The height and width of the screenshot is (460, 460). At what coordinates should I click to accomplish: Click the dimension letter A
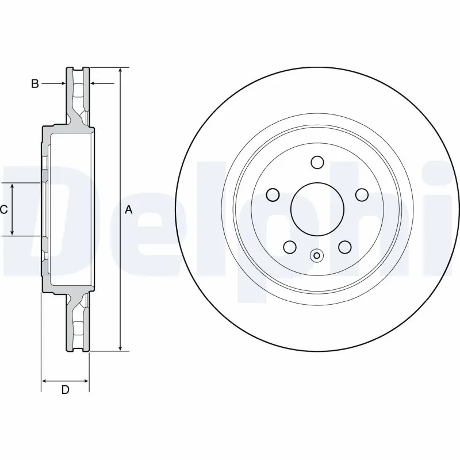(129, 210)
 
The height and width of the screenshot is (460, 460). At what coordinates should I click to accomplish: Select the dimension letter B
(34, 84)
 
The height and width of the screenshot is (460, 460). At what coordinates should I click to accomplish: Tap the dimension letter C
(3, 210)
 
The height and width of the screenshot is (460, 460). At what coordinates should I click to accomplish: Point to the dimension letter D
(65, 390)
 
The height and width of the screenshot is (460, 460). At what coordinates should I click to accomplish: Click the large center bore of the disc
(316, 210)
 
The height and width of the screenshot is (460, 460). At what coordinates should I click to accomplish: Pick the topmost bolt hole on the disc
(316, 163)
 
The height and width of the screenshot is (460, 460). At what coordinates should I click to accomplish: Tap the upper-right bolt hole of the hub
(361, 195)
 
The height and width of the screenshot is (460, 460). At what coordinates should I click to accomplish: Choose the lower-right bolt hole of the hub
(344, 247)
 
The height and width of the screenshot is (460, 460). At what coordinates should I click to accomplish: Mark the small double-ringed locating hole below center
(316, 256)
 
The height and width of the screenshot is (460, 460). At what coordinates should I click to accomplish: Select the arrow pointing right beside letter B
(63, 84)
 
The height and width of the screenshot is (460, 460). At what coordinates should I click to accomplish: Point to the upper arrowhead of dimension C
(13, 187)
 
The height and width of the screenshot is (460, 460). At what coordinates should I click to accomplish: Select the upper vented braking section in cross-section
(79, 92)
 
